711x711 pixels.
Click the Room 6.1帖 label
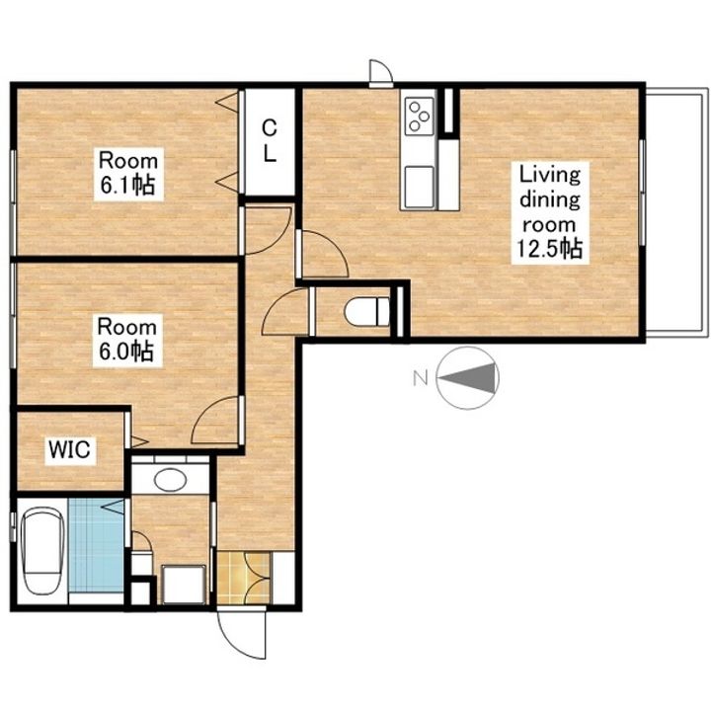point(128,174)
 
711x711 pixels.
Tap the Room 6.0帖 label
point(127,340)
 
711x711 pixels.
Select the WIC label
point(70,450)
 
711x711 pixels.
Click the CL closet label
point(270,141)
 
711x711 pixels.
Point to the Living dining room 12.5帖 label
point(550,212)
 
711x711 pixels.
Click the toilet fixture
point(366,311)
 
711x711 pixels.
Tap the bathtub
point(43,550)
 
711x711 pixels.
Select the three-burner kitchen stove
point(419,117)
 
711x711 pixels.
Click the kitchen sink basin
point(419,186)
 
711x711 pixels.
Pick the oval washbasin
point(170,479)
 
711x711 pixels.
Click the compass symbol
point(468,378)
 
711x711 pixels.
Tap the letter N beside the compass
point(421,377)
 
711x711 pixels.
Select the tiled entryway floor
point(244,578)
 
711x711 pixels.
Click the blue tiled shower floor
point(96,545)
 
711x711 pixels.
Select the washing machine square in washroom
point(184,584)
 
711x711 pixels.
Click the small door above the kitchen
point(380,72)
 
